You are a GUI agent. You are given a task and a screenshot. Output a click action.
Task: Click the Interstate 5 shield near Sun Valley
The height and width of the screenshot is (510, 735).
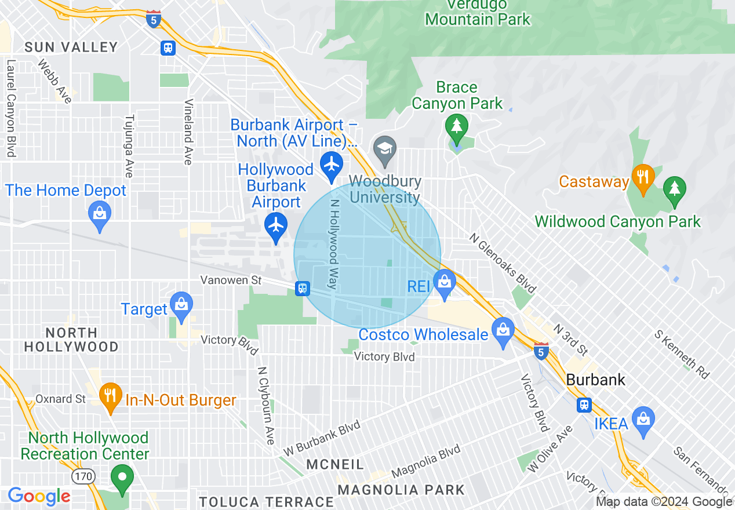coord(154,19)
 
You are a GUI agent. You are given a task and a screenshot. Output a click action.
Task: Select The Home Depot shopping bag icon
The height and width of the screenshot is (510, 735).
coord(100,213)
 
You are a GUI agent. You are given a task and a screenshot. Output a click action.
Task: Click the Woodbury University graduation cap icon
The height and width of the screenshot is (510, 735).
coord(384,149)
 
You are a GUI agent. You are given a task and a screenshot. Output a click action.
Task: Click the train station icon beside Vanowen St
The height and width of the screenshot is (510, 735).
coord(302,288)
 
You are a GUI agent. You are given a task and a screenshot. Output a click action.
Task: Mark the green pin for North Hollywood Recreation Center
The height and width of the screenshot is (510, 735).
coord(122,478)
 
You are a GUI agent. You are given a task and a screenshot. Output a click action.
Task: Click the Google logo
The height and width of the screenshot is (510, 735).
coord(39,496)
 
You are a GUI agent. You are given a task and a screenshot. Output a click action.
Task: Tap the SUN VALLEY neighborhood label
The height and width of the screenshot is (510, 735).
coord(71,47)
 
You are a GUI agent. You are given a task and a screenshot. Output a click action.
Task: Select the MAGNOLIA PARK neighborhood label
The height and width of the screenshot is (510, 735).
coord(401,490)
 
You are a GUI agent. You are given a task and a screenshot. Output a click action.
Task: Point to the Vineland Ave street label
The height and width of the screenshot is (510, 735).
coord(188,132)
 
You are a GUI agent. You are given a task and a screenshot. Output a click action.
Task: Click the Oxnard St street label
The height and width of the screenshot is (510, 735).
coord(61,399)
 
